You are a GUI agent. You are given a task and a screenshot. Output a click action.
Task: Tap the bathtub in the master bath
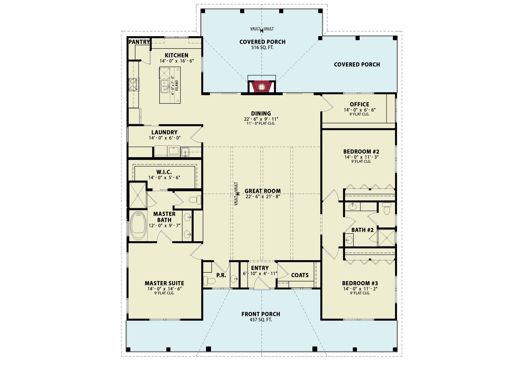pos(138,226)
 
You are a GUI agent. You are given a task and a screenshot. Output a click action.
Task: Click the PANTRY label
pos(139,42)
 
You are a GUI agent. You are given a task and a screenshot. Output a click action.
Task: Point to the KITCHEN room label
pos(176,55)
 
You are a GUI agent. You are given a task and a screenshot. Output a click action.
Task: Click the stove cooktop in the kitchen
pos(134,85)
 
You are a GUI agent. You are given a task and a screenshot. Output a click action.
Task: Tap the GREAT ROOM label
pos(263,191)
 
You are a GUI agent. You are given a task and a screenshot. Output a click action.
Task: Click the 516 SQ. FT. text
pos(263,48)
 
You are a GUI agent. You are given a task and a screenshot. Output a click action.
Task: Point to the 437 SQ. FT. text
pos(261,320)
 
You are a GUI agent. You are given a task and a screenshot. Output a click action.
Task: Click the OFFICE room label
pos(359,104)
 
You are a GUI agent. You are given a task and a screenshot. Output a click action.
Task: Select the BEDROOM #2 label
pos(361,152)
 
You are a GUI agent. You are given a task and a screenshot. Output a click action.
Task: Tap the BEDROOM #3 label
pos(360,283)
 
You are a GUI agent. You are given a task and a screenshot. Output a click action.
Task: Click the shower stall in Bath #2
pos(386,238)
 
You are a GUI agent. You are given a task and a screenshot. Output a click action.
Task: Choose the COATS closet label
pos(300,275)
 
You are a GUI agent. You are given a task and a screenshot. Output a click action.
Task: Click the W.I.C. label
pos(164,172)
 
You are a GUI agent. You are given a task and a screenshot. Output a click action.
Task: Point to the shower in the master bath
pos(138,196)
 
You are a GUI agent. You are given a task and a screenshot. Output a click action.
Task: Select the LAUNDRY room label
pos(164,132)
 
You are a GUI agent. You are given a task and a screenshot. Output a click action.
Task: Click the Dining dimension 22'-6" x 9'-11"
pos(261,119)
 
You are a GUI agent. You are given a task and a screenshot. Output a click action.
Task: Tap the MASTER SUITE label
pos(164,283)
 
